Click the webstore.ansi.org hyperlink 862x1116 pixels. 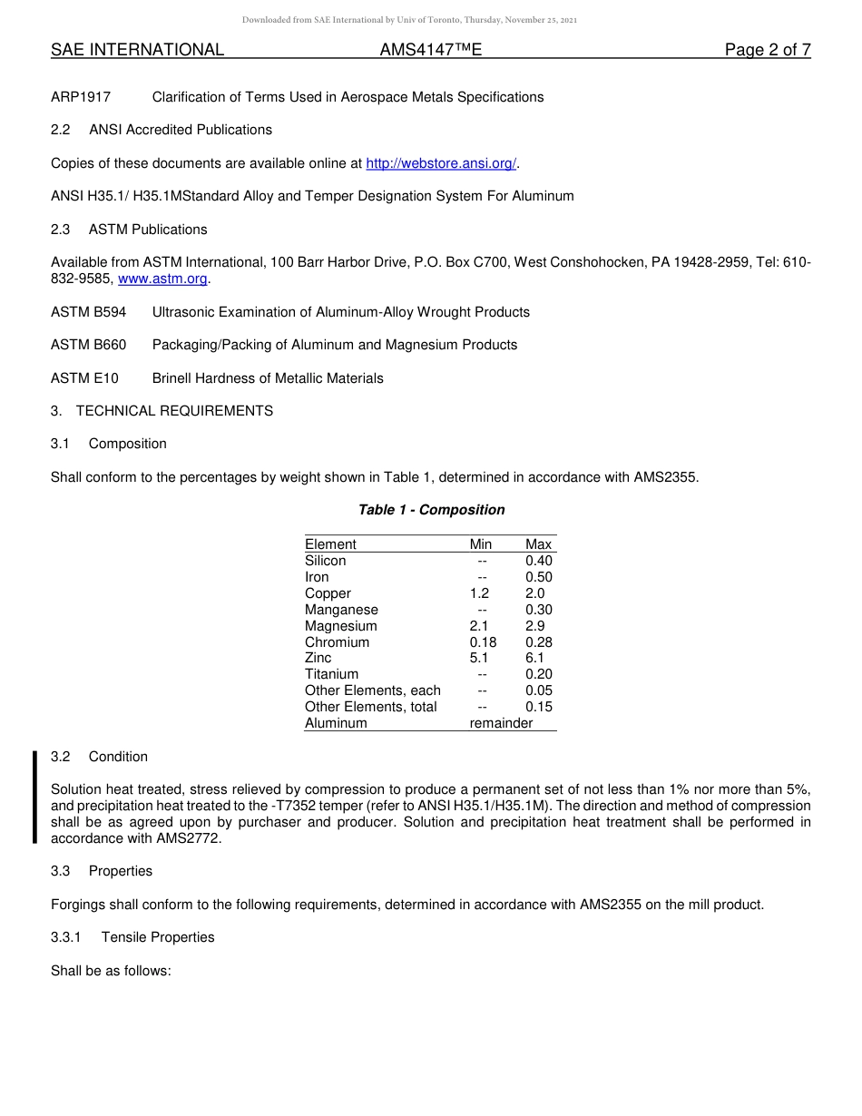coord(441,163)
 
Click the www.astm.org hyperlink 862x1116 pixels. coord(163,279)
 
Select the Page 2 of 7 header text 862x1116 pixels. coord(767,50)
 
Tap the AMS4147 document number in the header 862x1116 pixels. coord(430,50)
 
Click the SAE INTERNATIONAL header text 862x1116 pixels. coord(137,50)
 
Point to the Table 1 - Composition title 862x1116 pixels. coord(431,510)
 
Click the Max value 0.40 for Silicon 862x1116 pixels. coord(538,561)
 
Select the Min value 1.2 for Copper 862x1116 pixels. coord(479,593)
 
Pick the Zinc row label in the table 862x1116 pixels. coord(318,658)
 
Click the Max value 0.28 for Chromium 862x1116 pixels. coord(538,642)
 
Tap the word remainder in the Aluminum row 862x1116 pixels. coord(501,723)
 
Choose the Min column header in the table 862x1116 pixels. coord(481,544)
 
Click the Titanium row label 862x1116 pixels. coord(331,674)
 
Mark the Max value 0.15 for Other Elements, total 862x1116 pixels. coord(538,707)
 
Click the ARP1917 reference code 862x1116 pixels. coord(81,97)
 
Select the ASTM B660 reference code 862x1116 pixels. coord(88,345)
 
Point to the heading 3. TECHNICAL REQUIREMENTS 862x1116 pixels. coord(162,411)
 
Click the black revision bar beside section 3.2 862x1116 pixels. coord(34,798)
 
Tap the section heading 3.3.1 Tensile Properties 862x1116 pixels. coord(132,937)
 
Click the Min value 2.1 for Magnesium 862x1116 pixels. coord(479,626)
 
